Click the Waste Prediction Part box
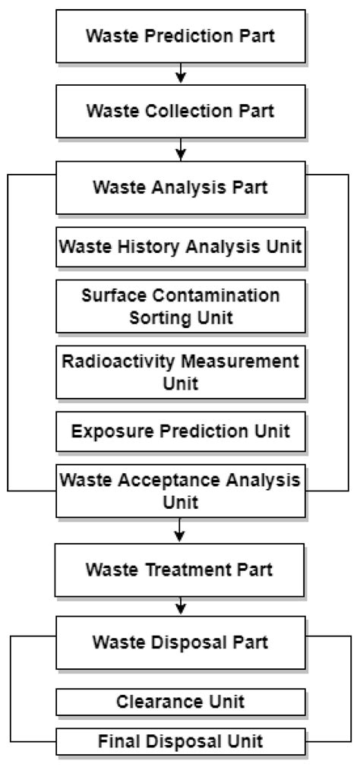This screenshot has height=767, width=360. tap(179, 35)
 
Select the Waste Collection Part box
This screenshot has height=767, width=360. tap(179, 110)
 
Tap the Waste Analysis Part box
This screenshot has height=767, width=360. tap(179, 188)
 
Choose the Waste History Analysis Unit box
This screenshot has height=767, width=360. tap(179, 247)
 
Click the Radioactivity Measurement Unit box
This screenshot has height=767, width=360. tap(179, 371)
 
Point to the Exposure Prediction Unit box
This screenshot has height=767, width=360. tap(179, 431)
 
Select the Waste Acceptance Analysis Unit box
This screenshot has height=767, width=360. tap(179, 491)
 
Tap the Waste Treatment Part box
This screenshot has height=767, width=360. tap(179, 568)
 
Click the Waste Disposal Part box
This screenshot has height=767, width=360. tap(179, 642)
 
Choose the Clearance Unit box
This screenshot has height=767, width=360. tap(179, 702)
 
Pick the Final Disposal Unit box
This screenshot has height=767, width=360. tap(179, 740)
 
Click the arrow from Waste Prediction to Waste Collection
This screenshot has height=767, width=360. tap(180, 72)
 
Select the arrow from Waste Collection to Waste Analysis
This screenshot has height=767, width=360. tap(180, 148)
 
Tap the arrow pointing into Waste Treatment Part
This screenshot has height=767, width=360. tap(180, 529)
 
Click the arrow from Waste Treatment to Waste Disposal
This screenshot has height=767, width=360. tap(180, 605)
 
